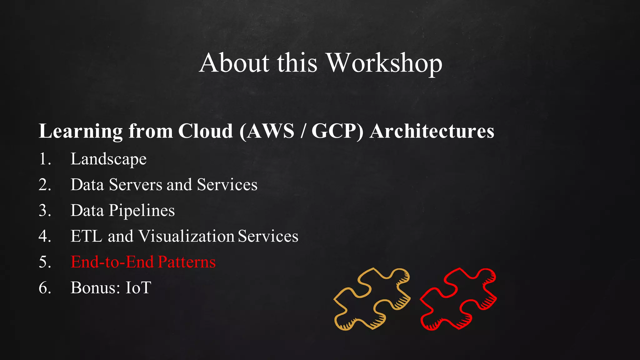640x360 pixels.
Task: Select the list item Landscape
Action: (x=108, y=159)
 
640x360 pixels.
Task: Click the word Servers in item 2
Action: (x=135, y=185)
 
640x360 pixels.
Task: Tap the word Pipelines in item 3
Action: (x=142, y=211)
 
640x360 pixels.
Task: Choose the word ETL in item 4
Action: (x=86, y=236)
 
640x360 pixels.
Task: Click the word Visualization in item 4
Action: (x=186, y=236)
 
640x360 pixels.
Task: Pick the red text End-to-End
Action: (x=112, y=262)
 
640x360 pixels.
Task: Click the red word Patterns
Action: (x=187, y=262)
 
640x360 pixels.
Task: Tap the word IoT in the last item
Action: (x=138, y=287)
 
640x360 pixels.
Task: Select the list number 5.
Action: (x=45, y=262)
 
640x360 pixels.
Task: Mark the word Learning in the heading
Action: (x=81, y=131)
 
